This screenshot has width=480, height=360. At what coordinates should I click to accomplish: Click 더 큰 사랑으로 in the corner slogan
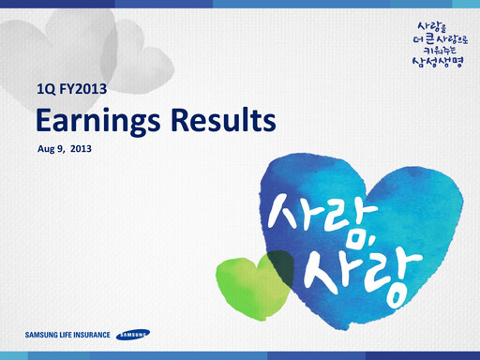pos(437,37)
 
